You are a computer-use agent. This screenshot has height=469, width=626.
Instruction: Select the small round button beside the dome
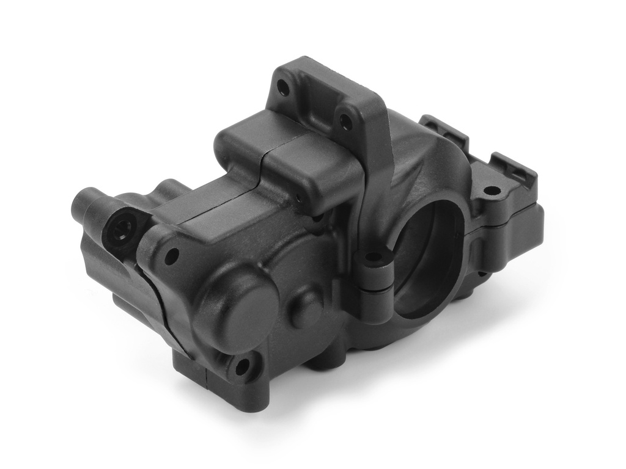click(304, 308)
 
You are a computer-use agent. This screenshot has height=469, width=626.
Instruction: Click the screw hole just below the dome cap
click(242, 366)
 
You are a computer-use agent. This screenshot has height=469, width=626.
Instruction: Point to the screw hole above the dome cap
click(172, 255)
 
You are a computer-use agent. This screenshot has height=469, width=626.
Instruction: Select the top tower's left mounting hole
click(283, 89)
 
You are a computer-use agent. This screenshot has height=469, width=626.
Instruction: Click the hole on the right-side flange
click(491, 191)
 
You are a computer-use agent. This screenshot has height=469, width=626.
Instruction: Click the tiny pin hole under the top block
click(299, 198)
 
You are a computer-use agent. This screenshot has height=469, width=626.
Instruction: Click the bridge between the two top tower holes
click(314, 101)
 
